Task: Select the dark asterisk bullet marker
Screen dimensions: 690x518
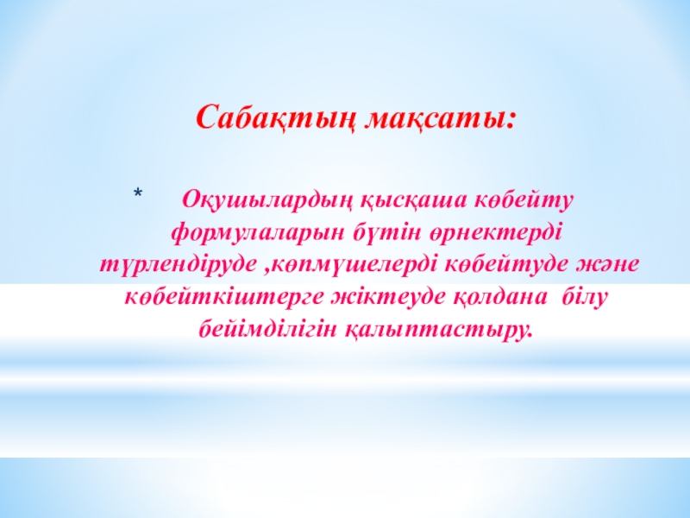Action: (x=138, y=193)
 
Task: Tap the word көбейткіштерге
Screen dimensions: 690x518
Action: (x=226, y=297)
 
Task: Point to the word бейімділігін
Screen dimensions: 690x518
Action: (x=270, y=329)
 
